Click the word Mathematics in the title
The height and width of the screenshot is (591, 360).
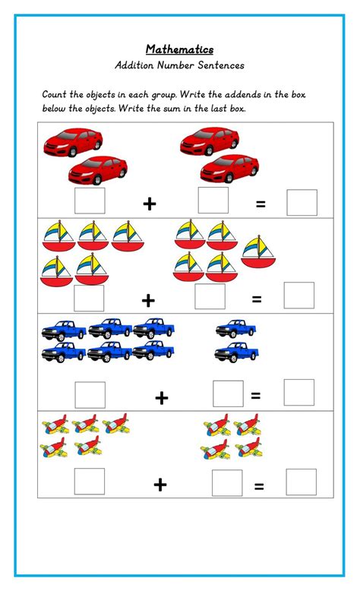[x=179, y=49]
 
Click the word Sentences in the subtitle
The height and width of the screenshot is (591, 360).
[x=217, y=65]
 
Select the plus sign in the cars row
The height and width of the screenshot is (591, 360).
[x=150, y=204]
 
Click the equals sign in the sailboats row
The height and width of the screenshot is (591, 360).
[x=256, y=299]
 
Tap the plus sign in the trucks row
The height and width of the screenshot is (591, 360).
[x=161, y=397]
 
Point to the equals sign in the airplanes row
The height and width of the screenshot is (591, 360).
[x=259, y=487]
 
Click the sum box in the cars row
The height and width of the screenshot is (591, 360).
[x=302, y=202]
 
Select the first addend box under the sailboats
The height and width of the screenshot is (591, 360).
[x=89, y=298]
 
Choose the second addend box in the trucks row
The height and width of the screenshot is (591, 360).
[x=228, y=393]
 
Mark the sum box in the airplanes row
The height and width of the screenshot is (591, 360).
[x=301, y=482]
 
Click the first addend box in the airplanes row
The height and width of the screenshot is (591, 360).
[x=90, y=482]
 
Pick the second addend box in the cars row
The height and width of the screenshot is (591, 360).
[x=213, y=200]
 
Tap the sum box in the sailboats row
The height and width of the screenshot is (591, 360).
[x=298, y=295]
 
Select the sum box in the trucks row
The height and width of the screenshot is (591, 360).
[x=299, y=392]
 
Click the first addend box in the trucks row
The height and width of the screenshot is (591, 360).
[x=90, y=394]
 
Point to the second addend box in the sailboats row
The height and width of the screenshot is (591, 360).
[x=210, y=297]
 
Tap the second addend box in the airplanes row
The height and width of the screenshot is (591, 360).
[x=227, y=483]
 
